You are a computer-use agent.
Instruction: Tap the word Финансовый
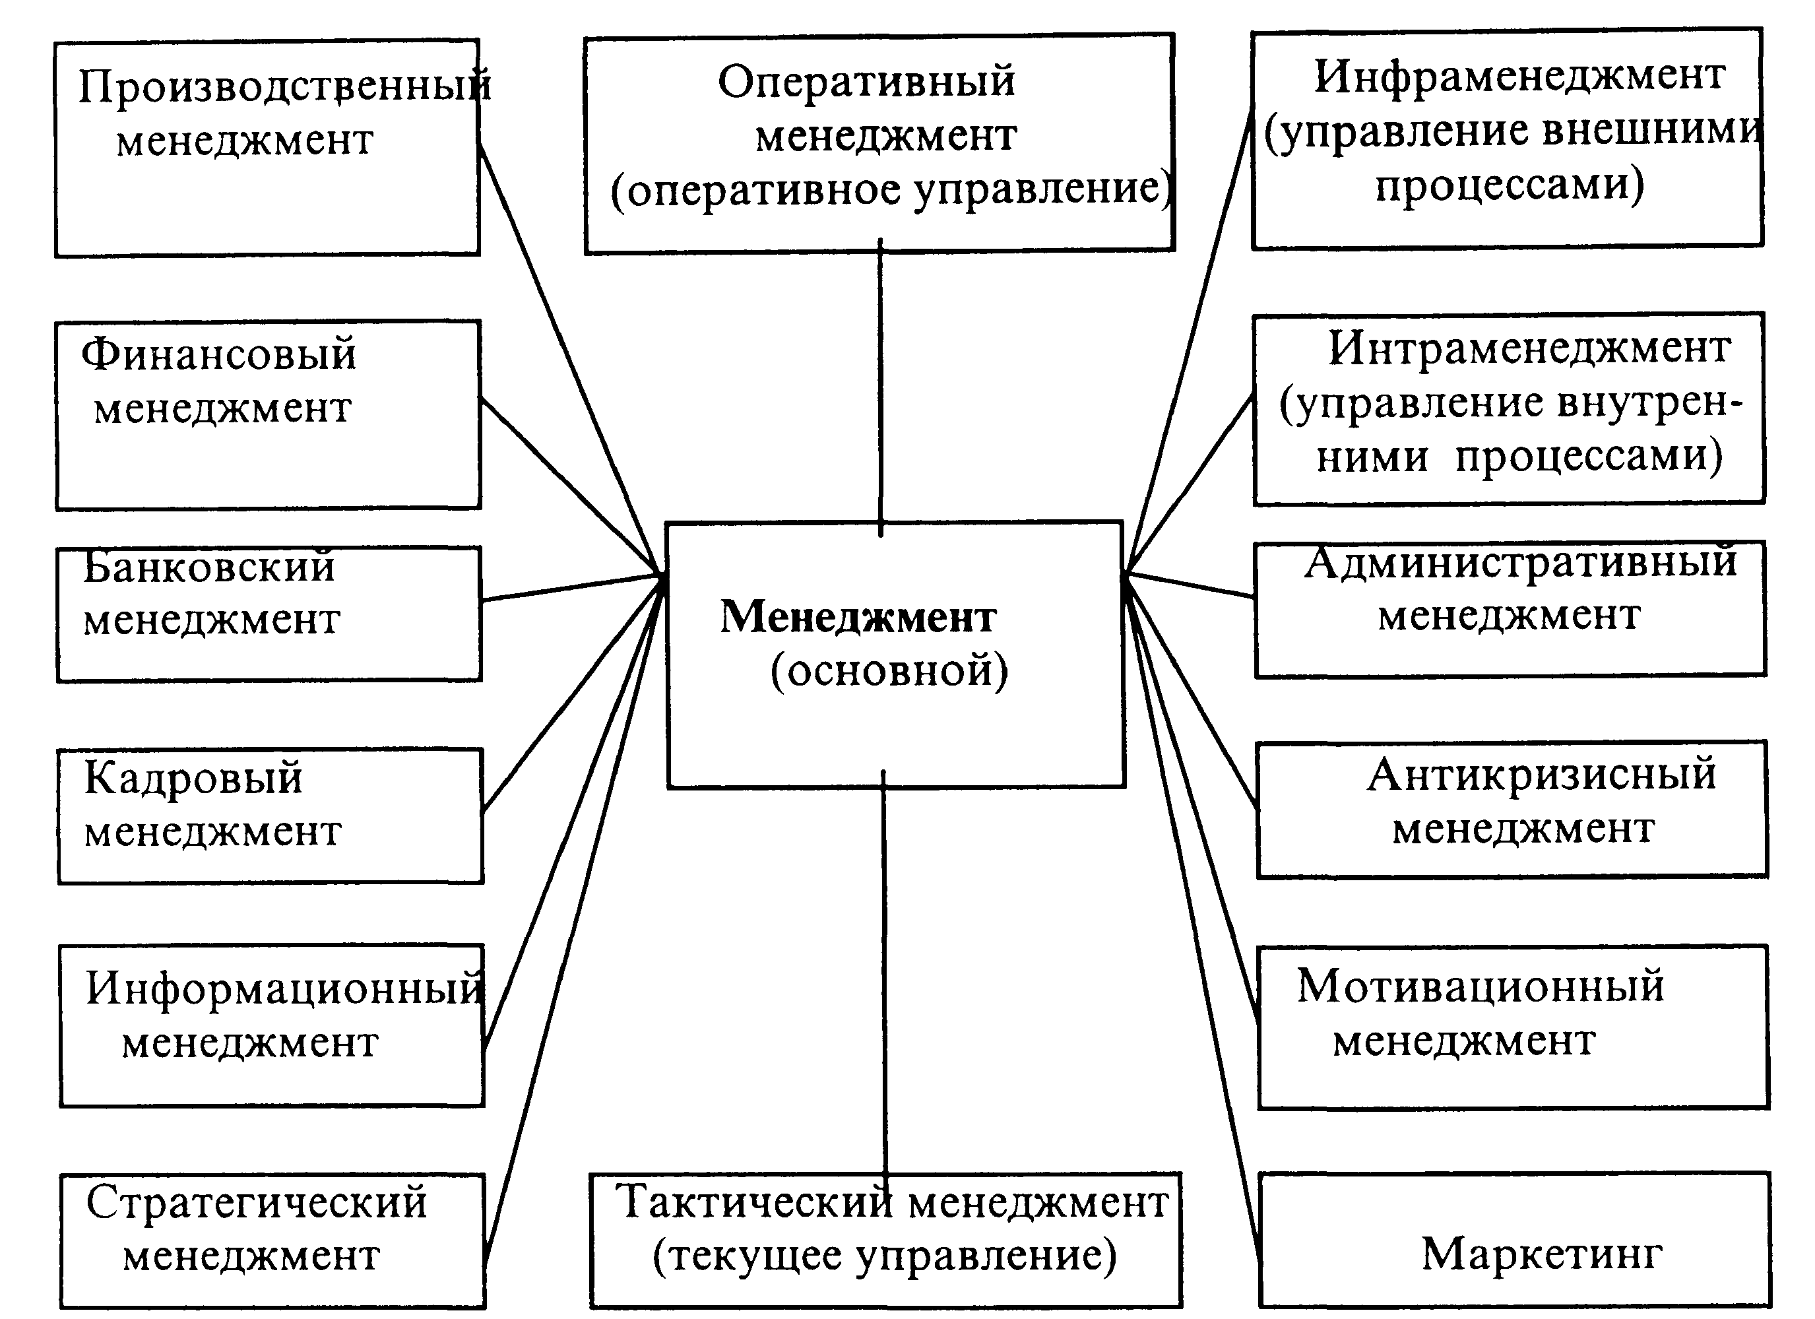218,354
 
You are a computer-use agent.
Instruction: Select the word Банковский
209,567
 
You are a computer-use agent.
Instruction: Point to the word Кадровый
194,778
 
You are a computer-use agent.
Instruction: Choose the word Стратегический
257,1203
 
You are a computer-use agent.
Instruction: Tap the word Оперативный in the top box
866,82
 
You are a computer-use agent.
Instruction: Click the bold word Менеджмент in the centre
858,618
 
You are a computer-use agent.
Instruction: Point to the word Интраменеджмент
1529,350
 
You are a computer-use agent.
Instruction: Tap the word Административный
1521,563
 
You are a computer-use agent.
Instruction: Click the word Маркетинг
1541,1254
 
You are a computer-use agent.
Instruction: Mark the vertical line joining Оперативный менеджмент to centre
880,384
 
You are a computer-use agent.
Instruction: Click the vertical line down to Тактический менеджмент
884,977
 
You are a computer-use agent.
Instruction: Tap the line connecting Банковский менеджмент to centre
572,587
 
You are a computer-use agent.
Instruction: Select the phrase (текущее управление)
884,1256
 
